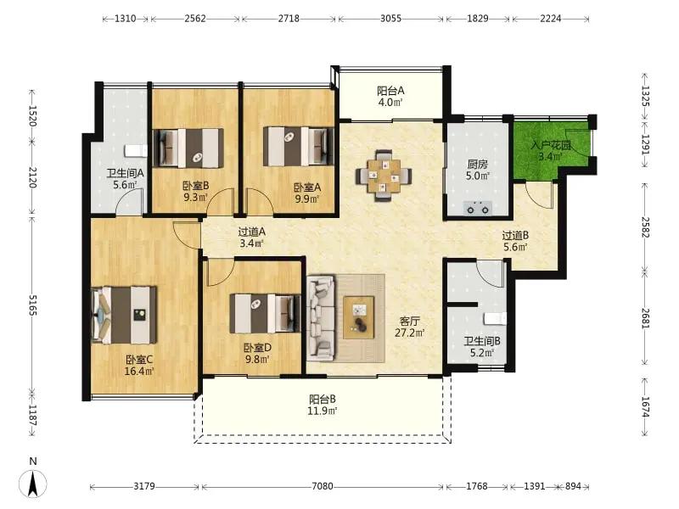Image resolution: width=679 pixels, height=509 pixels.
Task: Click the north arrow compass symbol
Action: click(33, 484)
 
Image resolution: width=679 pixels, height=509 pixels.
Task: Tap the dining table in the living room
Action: click(384, 176)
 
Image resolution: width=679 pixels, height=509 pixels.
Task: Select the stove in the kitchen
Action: click(477, 209)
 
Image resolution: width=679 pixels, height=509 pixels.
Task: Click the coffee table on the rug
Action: click(358, 317)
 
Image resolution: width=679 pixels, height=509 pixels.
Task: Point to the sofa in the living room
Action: click(321, 317)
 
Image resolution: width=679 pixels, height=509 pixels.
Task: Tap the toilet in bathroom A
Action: click(136, 151)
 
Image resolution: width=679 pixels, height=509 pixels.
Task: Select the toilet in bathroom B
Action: click(495, 319)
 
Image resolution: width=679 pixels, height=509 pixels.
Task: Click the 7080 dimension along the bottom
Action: click(323, 486)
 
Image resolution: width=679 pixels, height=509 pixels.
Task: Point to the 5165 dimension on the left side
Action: click(32, 305)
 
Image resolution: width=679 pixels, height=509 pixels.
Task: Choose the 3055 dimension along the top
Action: click(390, 19)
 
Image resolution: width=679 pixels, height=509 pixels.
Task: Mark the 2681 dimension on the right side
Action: click(645, 318)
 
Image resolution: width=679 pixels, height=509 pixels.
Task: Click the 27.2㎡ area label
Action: click(410, 333)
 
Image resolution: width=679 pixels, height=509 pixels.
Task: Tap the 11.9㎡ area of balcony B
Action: click(323, 411)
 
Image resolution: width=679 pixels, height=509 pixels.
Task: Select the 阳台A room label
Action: click(390, 91)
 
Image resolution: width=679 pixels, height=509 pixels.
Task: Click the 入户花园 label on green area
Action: click(551, 145)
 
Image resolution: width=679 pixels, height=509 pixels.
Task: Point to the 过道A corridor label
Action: click(252, 232)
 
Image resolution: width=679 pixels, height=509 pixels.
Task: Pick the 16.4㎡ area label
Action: click(139, 371)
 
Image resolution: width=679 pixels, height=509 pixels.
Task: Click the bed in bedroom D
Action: click(265, 313)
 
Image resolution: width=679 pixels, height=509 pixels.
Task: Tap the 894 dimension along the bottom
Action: click(573, 486)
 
